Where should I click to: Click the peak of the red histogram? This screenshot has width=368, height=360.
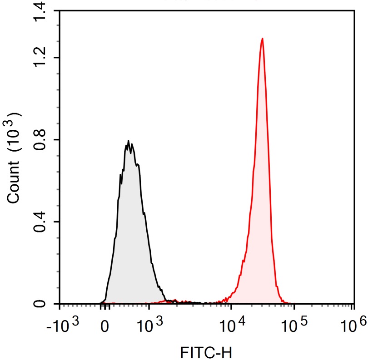262,39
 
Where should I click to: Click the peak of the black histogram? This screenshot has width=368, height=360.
129,141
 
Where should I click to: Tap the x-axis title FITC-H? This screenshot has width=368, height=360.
206,351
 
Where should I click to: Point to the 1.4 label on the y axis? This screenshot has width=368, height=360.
40,11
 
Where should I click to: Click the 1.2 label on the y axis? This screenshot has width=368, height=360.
40,58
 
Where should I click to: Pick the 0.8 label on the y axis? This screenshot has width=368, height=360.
40,140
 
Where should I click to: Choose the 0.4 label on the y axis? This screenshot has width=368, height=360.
40,222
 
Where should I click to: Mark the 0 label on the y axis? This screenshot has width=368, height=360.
40,303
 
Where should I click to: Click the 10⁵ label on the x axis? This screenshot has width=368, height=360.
294,325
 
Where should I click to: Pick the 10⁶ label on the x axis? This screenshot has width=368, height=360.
353,325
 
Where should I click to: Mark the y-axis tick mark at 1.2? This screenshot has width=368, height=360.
56,58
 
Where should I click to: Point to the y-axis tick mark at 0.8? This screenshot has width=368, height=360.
56,140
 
